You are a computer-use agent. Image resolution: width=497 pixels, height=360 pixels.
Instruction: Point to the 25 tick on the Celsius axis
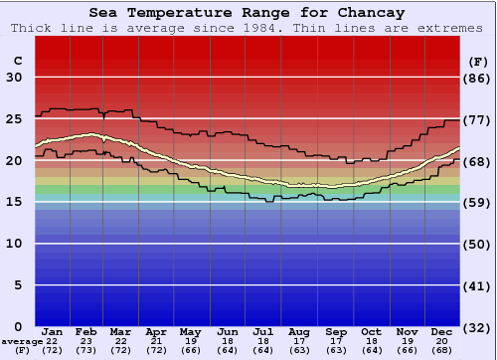tap(14, 119)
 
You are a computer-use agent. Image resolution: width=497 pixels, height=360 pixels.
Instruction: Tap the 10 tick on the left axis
tap(14, 244)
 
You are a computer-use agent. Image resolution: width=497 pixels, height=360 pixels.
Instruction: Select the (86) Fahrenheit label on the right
tap(478, 78)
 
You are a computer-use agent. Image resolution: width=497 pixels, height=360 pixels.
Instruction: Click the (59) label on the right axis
tap(478, 203)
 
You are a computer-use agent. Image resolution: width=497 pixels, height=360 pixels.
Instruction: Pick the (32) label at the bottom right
tap(478, 327)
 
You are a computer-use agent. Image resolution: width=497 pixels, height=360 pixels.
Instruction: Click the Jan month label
tap(53, 331)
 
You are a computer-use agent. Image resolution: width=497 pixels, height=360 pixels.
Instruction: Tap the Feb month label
tap(86, 331)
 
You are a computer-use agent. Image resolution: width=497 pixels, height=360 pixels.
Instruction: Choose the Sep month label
tap(335, 331)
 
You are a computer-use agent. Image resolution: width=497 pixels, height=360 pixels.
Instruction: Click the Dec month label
tap(442, 331)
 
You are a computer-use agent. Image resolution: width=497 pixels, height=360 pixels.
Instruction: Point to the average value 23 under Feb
tap(86, 341)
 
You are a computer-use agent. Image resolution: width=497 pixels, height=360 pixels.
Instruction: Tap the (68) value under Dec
tap(442, 351)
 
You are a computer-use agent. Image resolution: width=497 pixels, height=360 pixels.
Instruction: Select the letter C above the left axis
tap(17, 61)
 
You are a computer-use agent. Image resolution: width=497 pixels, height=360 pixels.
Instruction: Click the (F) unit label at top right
tap(478, 61)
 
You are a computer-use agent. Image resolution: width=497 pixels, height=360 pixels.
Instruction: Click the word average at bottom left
tap(22, 341)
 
